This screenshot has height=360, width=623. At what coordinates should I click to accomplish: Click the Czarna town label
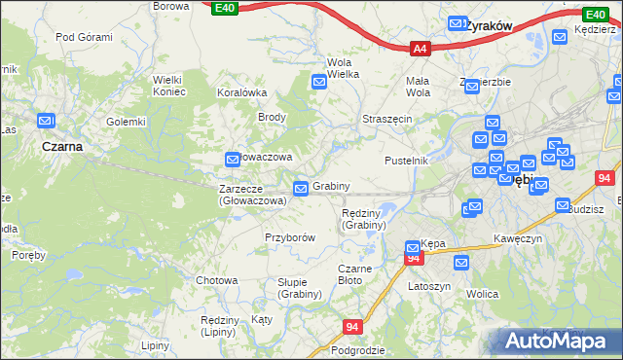pos(61,146)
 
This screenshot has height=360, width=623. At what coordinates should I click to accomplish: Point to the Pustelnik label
pos(406,160)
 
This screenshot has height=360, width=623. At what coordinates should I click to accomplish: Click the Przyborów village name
pos(290,236)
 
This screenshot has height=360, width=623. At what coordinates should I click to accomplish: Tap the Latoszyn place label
pos(428,286)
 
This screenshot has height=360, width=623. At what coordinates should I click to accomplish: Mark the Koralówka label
pos(242,93)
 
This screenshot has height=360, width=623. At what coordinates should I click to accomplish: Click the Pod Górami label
pos(84,37)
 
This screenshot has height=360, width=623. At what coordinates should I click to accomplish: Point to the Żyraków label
pos(490,25)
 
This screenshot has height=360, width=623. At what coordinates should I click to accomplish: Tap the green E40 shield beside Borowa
pos(224,8)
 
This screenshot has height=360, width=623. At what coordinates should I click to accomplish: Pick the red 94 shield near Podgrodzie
pos(352,327)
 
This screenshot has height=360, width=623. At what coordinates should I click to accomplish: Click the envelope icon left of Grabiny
pos(302,187)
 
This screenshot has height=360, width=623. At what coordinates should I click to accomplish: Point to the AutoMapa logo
pos(556,341)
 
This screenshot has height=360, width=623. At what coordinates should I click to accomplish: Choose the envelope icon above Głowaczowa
pos(233,159)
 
